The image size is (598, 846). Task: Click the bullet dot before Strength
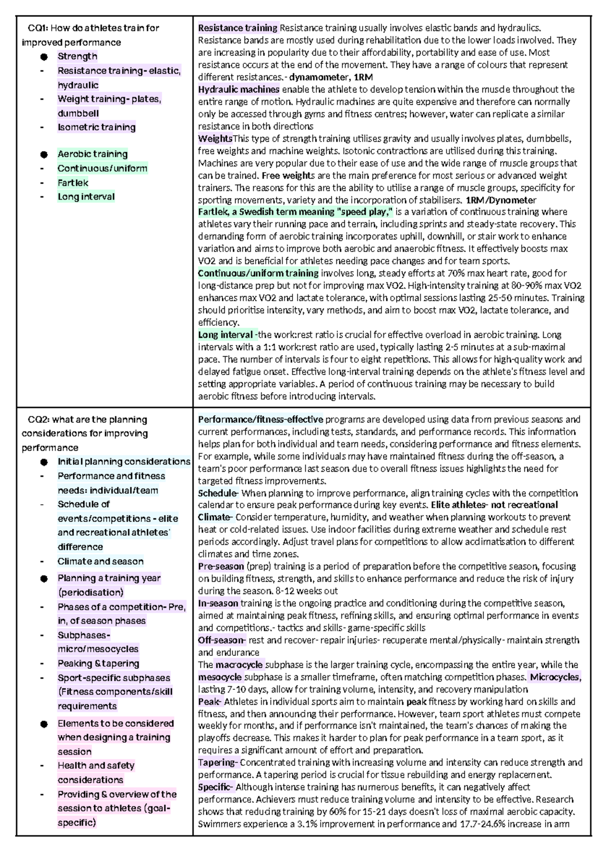pyautogui.click(x=44, y=57)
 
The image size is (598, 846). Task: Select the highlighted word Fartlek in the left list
pyautogui.click(x=73, y=183)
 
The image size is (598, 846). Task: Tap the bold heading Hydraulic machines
pyautogui.click(x=238, y=89)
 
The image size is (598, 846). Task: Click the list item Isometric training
pyautogui.click(x=96, y=127)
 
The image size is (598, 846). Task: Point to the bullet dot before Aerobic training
pyautogui.click(x=44, y=155)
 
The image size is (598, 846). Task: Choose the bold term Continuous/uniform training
pyautogui.click(x=258, y=273)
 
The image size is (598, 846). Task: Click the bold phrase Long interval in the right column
pyautogui.click(x=226, y=334)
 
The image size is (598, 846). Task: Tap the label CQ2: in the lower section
pyautogui.click(x=38, y=420)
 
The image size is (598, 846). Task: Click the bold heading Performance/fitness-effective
pyautogui.click(x=260, y=419)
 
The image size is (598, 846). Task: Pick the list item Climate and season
pyautogui.click(x=100, y=561)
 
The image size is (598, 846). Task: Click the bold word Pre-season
pyautogui.click(x=220, y=566)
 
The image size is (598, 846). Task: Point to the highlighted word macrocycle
pyautogui.click(x=239, y=664)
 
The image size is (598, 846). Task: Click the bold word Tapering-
pyautogui.click(x=218, y=762)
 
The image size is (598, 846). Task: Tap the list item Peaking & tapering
pyautogui.click(x=98, y=663)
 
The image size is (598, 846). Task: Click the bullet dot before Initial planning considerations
pyautogui.click(x=44, y=462)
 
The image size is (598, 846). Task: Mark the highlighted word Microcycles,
pyautogui.click(x=555, y=677)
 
